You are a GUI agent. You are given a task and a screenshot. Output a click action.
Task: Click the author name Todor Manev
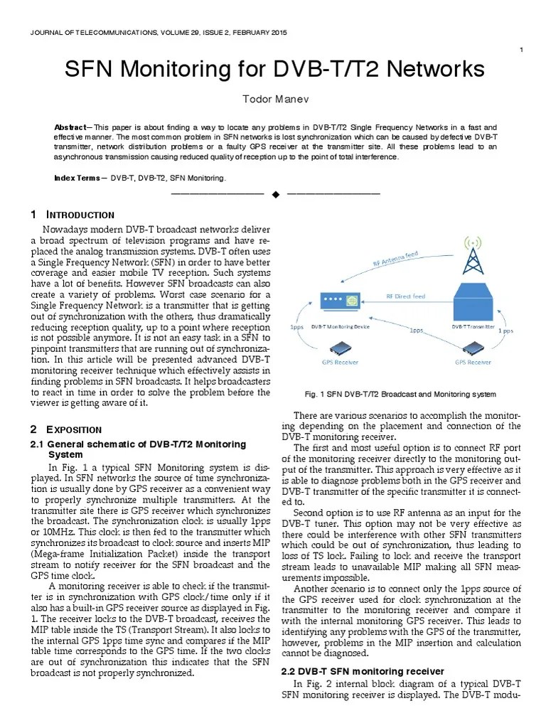(273, 97)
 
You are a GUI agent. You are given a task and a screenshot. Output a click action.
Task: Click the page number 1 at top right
(523, 49)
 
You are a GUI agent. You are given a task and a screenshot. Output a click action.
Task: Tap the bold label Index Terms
(77, 178)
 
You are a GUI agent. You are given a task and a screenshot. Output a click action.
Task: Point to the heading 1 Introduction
(73, 215)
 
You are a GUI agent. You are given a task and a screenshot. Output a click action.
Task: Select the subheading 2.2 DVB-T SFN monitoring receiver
(363, 671)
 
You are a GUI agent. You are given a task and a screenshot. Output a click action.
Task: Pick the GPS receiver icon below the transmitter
(473, 348)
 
